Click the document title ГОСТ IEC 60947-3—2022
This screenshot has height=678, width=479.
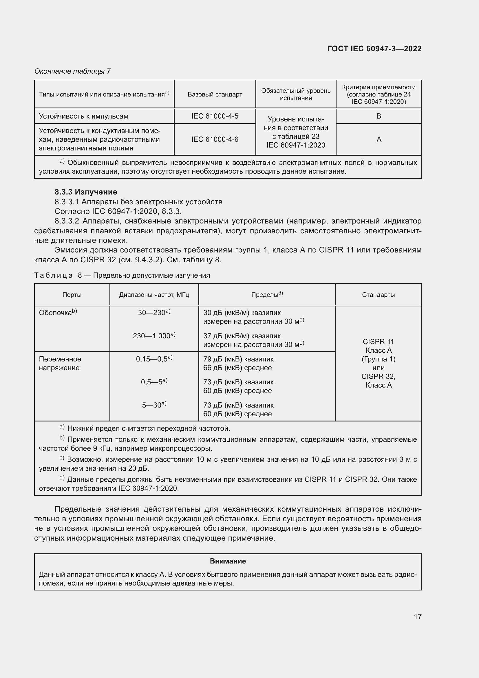tap(374, 49)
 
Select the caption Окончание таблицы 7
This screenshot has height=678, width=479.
tap(73, 71)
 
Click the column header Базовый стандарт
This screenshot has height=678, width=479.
tap(215, 94)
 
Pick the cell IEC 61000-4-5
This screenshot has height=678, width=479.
tap(215, 116)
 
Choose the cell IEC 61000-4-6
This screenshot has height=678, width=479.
tap(215, 139)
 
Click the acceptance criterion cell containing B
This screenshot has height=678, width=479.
tap(379, 116)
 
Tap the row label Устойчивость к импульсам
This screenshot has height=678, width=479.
tap(84, 116)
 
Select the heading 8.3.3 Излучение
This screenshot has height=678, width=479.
tap(86, 192)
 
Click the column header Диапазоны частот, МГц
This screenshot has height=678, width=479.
tap(154, 295)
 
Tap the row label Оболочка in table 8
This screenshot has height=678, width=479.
tap(55, 312)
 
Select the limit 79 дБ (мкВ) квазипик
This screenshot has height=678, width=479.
tap(238, 359)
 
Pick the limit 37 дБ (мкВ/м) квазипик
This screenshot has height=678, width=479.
tap(242, 336)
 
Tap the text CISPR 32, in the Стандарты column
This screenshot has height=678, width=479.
tap(379, 376)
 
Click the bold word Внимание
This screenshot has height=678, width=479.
tap(228, 561)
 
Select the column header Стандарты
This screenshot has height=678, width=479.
tap(379, 295)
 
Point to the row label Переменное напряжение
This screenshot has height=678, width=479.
tap(60, 363)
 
